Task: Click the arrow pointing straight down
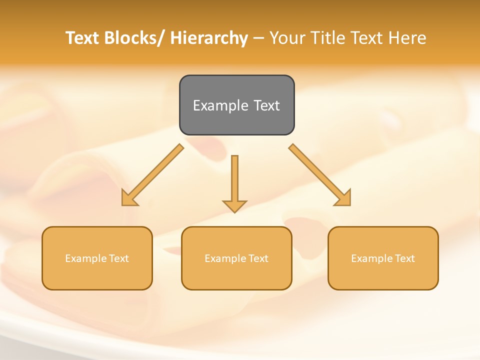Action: click(234, 182)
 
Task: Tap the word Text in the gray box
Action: click(266, 105)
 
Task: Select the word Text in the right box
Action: click(405, 258)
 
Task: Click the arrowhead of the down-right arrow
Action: click(344, 198)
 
